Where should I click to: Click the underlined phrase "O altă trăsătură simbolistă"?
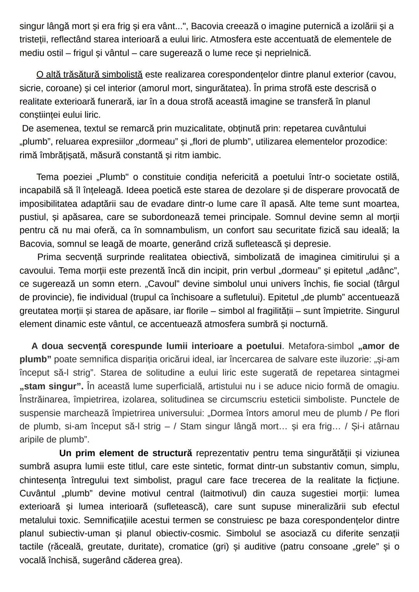click(x=89, y=74)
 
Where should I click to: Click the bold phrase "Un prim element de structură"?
click(x=125, y=453)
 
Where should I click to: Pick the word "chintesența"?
click(x=43, y=480)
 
